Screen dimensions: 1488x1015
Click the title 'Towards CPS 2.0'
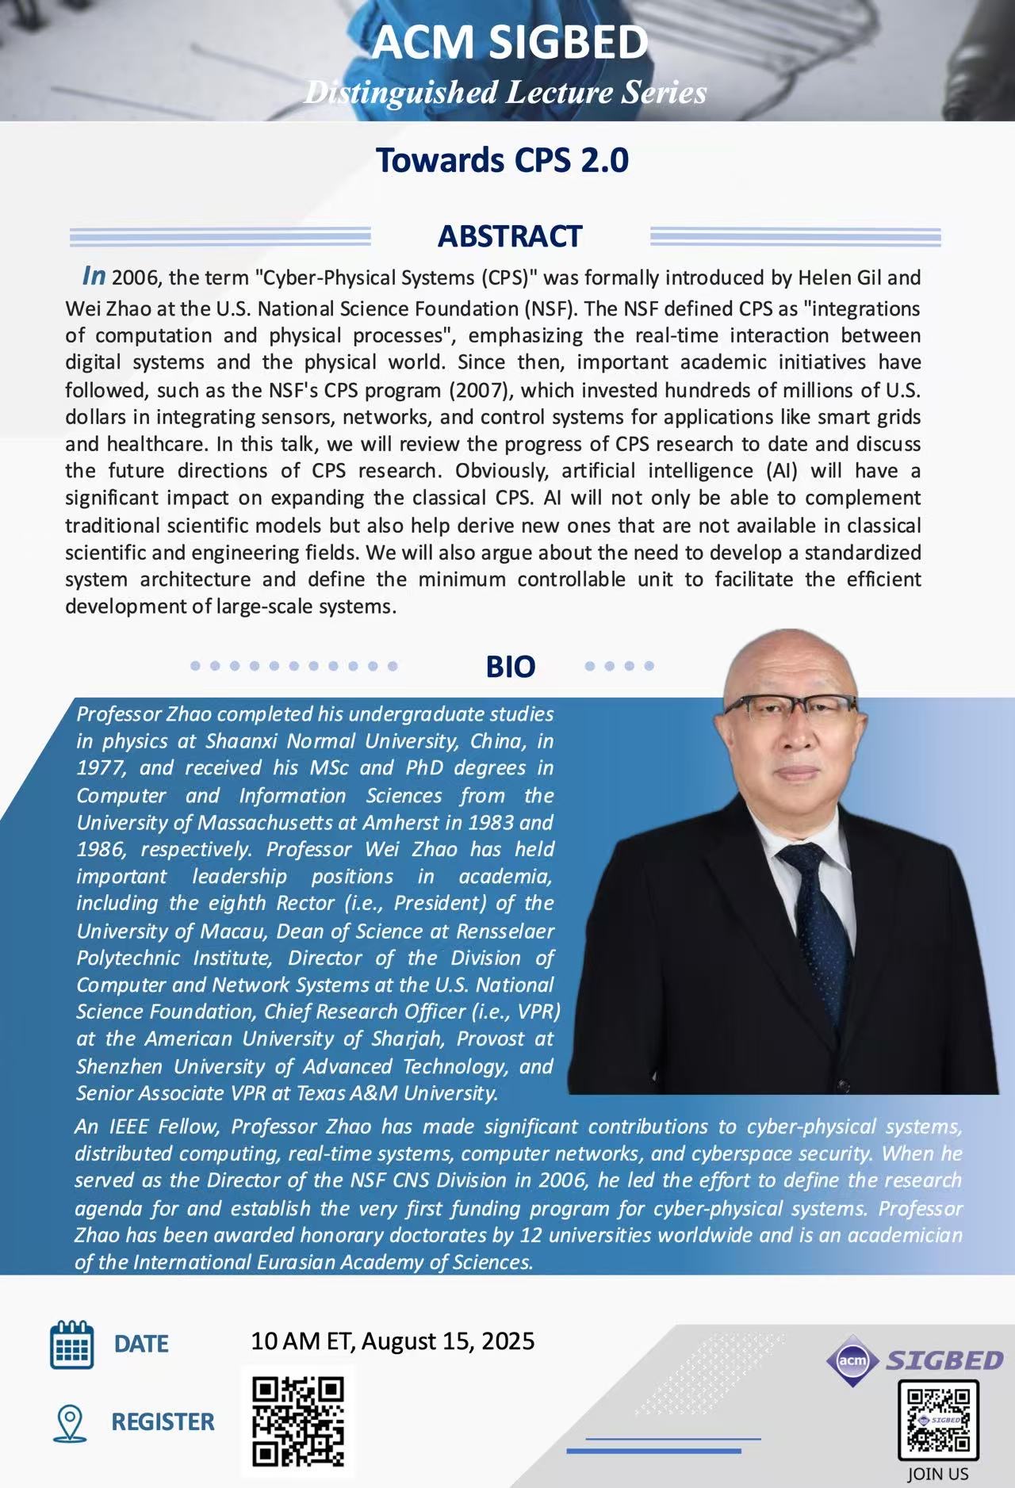pyautogui.click(x=502, y=160)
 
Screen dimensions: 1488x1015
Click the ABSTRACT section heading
pyautogui.click(x=510, y=236)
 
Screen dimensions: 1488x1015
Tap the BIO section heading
pyautogui.click(x=510, y=667)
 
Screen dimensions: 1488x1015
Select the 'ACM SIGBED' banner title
pyautogui.click(x=510, y=43)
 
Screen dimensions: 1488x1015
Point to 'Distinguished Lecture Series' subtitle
pyautogui.click(x=505, y=93)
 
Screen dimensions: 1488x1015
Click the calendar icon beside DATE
pyautogui.click(x=71, y=1345)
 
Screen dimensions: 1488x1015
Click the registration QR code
pyautogui.click(x=298, y=1421)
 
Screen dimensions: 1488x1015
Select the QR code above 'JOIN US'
pyautogui.click(x=938, y=1421)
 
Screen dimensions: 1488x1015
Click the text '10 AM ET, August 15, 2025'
pyautogui.click(x=393, y=1341)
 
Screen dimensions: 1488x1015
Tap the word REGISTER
pyautogui.click(x=163, y=1422)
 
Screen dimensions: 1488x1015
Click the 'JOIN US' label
pyautogui.click(x=938, y=1475)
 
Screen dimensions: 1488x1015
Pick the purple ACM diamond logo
pyautogui.click(x=853, y=1361)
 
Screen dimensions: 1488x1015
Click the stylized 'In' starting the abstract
pyautogui.click(x=94, y=276)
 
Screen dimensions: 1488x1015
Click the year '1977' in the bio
pyautogui.click(x=101, y=768)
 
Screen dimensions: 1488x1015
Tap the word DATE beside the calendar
pyautogui.click(x=141, y=1345)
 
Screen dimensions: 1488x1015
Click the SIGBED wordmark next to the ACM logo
pyautogui.click(x=944, y=1361)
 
